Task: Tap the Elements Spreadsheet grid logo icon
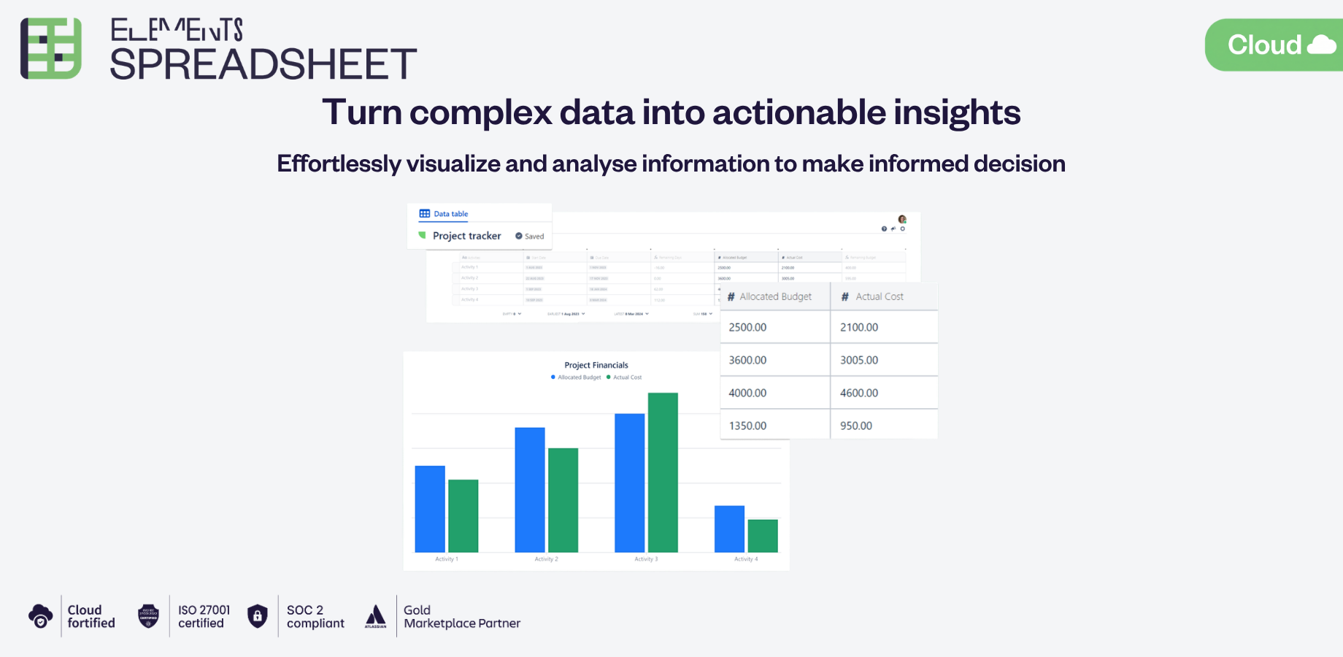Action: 50,48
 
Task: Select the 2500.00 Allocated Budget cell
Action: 774,327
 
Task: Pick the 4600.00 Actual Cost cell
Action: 884,393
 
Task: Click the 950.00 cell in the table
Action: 884,426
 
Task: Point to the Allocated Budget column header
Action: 774,296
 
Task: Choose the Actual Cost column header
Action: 879,296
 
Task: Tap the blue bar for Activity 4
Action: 729,529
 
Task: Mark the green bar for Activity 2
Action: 563,500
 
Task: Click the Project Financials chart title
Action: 596,365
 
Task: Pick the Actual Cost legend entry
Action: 626,377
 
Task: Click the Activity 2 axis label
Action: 546,559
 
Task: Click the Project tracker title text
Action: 466,236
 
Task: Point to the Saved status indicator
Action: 530,237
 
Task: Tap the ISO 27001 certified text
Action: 204,616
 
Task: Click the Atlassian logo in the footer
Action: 375,616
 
